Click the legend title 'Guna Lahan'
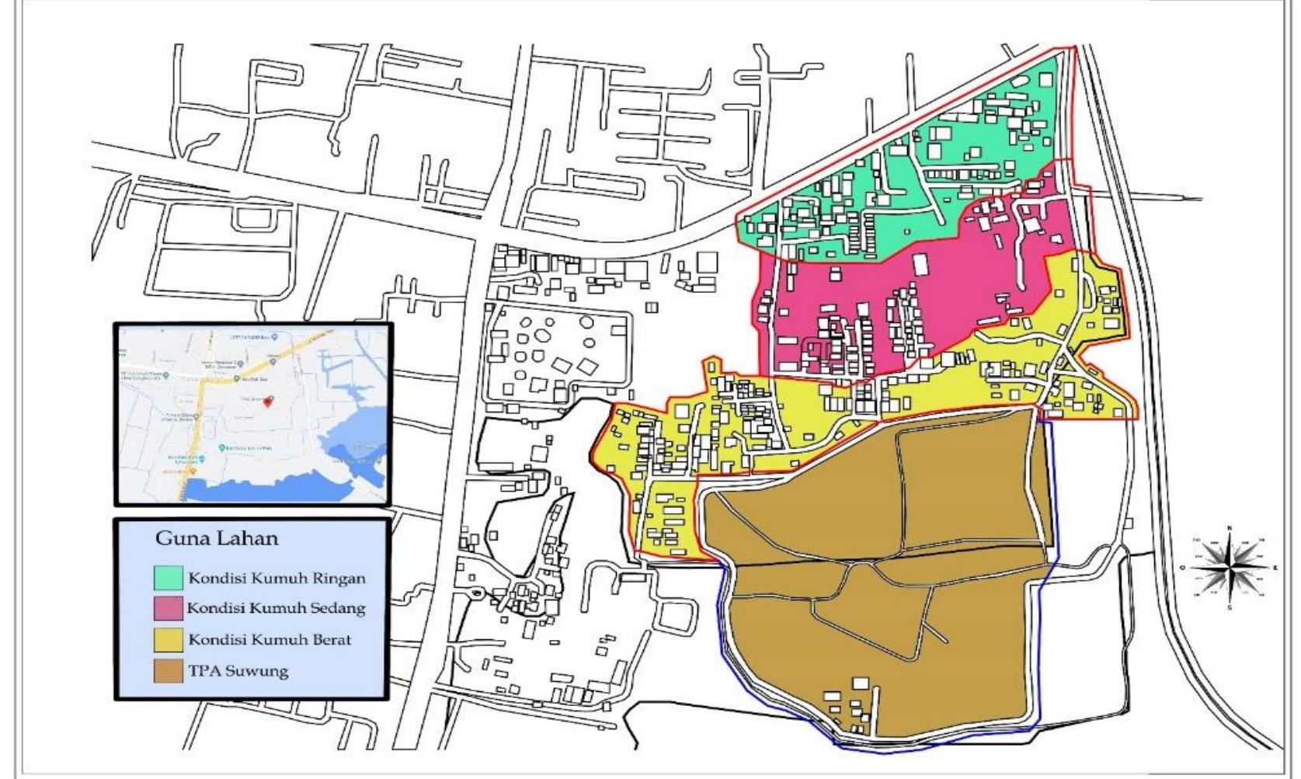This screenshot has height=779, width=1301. click(217, 538)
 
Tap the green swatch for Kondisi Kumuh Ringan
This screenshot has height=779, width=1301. click(169, 578)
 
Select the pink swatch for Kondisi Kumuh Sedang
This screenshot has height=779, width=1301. click(169, 608)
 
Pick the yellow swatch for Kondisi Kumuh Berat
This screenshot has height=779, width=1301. click(169, 640)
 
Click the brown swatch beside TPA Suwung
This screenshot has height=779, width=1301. click(169, 671)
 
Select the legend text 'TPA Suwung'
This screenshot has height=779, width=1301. click(238, 671)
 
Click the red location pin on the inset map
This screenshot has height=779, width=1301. click(268, 401)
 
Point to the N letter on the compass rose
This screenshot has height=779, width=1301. click(1229, 529)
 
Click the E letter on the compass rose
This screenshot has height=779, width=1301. click(1275, 568)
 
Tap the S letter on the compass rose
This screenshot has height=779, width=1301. click(1229, 607)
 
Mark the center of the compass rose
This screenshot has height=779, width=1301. click(1230, 568)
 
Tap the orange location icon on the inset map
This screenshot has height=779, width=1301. click(193, 471)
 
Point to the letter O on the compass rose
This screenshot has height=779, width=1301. click(1183, 568)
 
